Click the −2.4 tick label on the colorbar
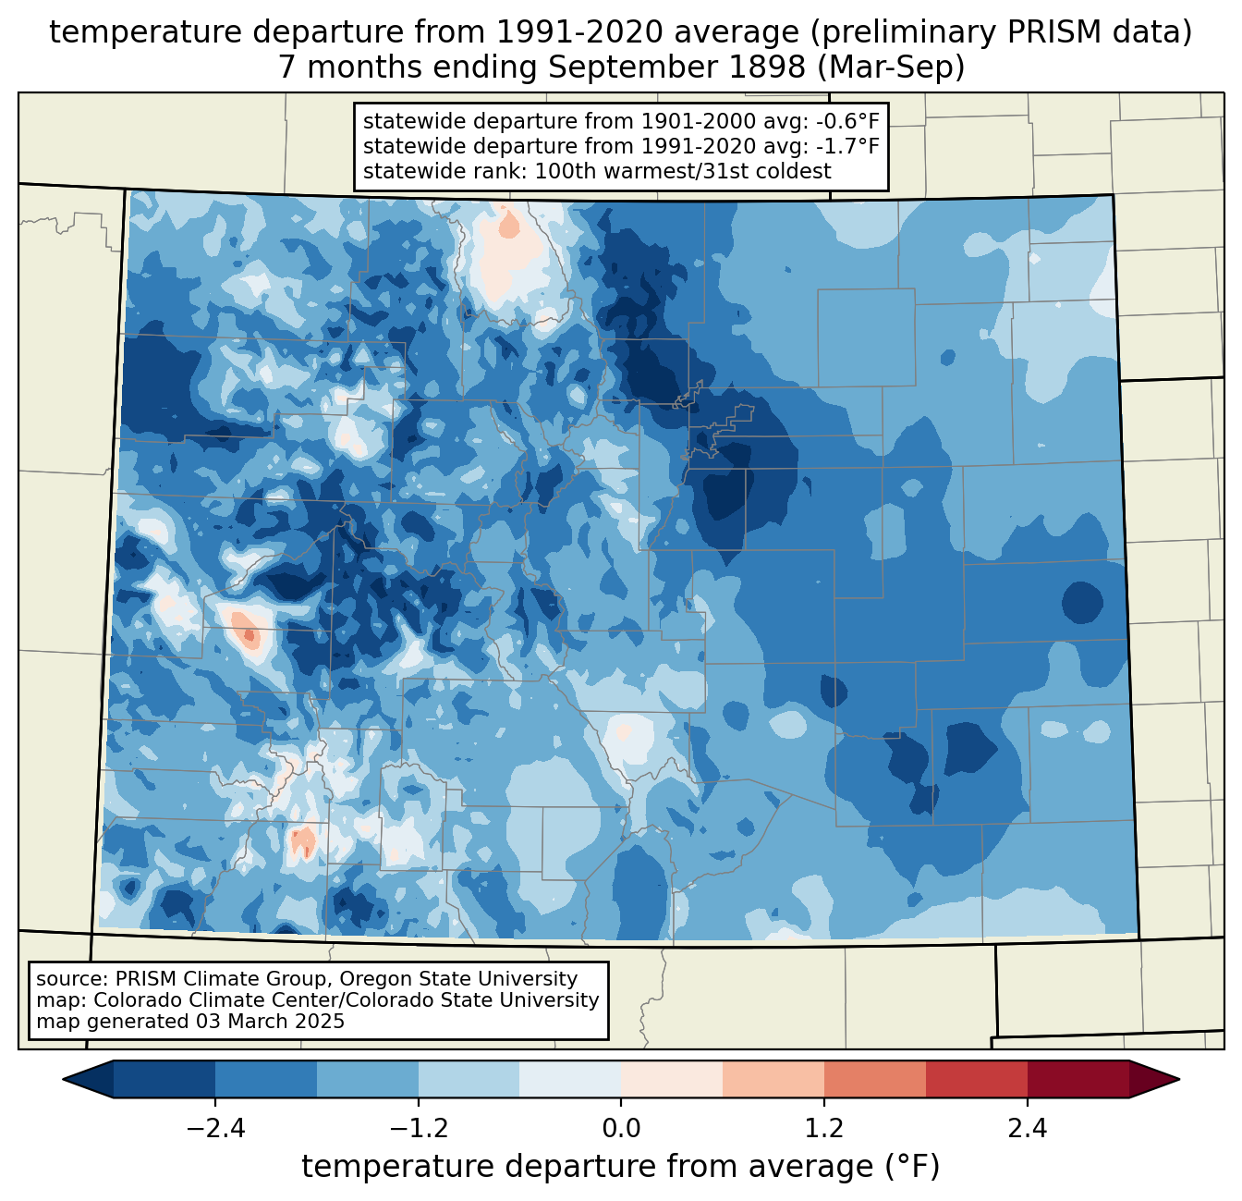pos(214,1129)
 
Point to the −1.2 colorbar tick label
pos(418,1129)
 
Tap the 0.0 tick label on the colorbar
pos(621,1129)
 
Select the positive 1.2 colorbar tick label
pos(824,1129)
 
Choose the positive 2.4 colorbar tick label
pos(1028,1129)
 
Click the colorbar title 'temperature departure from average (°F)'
pos(621,1167)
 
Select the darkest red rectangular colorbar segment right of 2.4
pos(1078,1079)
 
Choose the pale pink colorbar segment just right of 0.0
pos(672,1079)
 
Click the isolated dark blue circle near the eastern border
pos(1081,603)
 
